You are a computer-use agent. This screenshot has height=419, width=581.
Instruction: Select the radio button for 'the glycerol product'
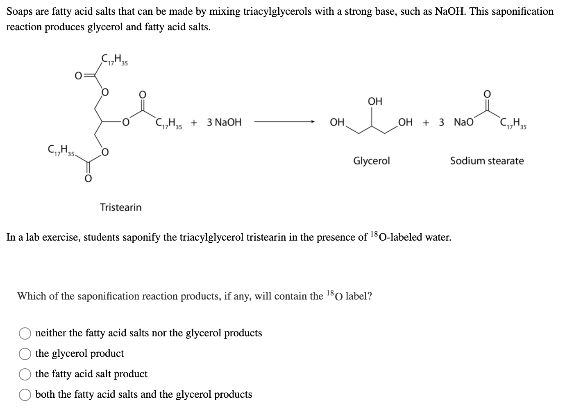(25, 354)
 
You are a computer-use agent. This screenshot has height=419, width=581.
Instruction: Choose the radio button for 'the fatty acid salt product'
(25, 374)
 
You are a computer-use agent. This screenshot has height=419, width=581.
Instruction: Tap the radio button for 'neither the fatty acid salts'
(25, 333)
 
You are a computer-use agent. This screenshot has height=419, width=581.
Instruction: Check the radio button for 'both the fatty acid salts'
(25, 395)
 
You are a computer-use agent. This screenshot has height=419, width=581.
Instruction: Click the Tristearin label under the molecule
(121, 207)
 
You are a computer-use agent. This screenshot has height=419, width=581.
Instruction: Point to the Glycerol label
(371, 161)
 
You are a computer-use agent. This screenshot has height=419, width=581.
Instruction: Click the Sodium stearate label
(487, 161)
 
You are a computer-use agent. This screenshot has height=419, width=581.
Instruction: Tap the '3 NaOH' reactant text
(224, 122)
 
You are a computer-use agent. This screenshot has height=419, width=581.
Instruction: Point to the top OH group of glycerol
(374, 101)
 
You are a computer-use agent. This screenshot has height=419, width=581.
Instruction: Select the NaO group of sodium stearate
(463, 122)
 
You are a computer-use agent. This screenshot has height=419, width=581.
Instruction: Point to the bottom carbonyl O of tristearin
(87, 179)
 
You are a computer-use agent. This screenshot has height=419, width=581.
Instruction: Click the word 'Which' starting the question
(31, 296)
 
